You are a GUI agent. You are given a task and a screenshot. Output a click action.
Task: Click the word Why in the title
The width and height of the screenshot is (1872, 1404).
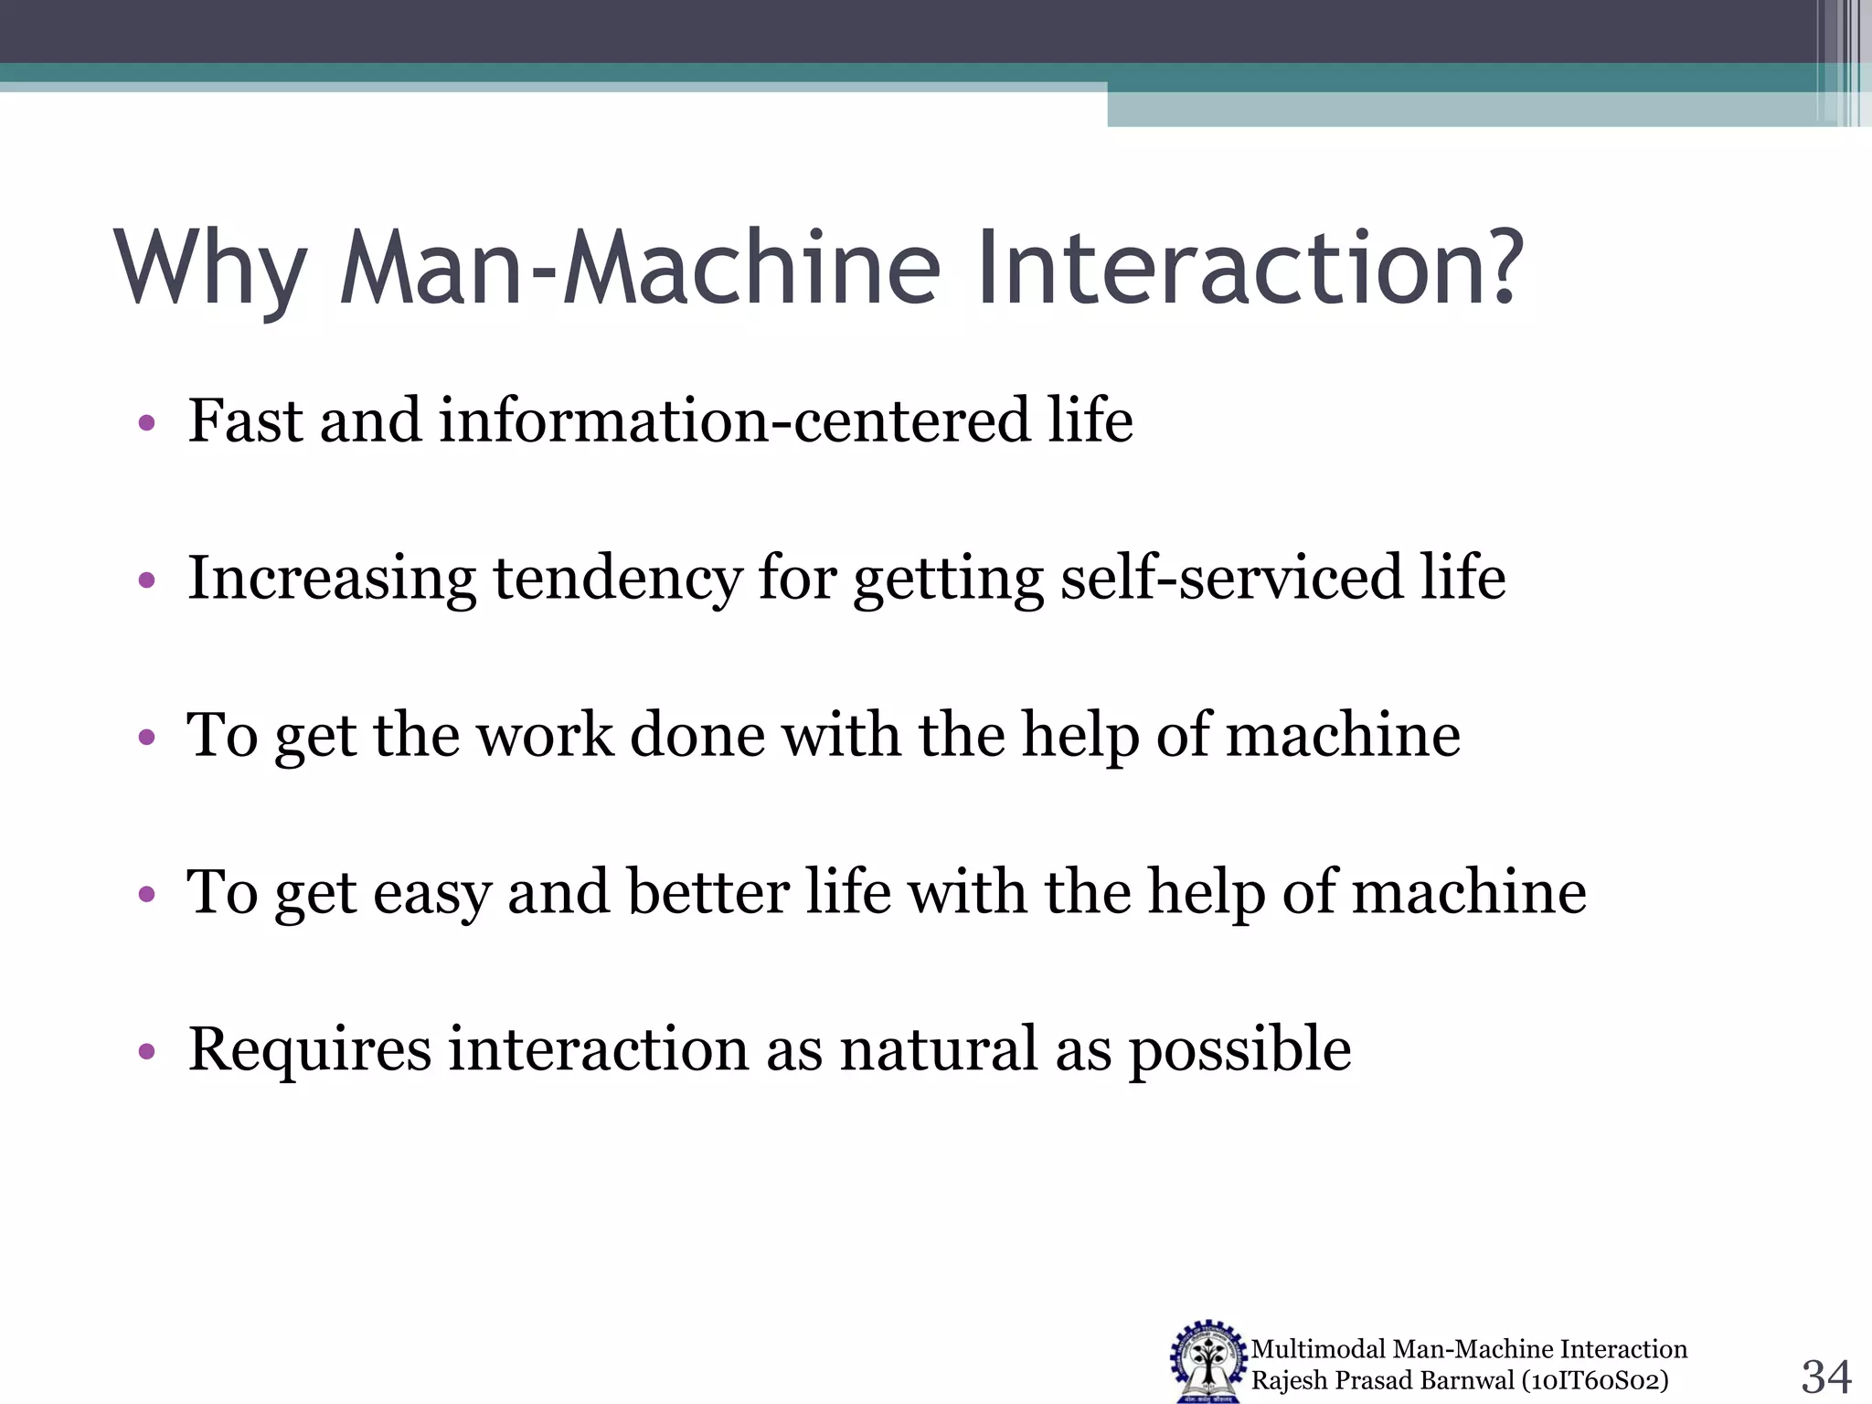[210, 270]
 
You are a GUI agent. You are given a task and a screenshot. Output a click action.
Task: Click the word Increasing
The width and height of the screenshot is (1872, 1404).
[331, 580]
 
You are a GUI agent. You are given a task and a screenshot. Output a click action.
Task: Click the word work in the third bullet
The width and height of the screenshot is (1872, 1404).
[545, 735]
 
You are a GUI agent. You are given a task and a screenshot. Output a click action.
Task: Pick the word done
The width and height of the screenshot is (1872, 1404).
[697, 735]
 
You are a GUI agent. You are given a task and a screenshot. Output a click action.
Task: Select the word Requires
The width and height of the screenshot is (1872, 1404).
[309, 1049]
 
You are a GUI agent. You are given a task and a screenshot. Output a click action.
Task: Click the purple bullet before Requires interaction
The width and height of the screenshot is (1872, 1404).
[147, 1052]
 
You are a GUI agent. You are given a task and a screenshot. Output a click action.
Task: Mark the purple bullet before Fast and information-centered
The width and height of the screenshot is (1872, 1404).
[147, 424]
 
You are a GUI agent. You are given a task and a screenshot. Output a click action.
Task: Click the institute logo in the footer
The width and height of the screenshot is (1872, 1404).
[1207, 1362]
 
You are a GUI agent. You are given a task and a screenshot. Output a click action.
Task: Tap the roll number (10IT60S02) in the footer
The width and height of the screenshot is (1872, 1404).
[1595, 1380]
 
